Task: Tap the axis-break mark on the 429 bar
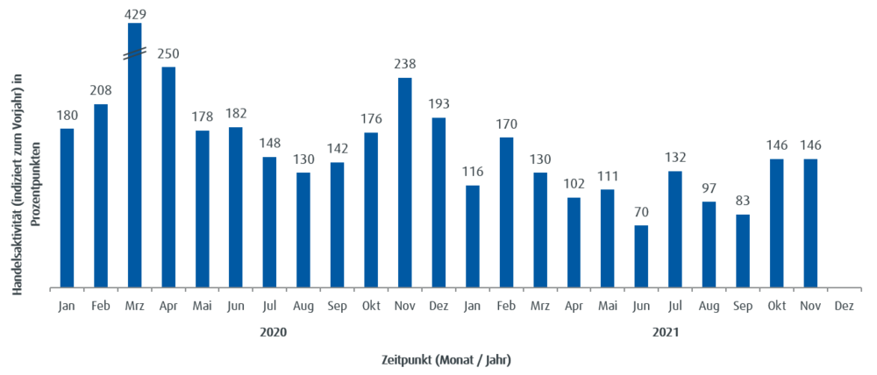click(x=134, y=55)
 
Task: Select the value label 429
click(x=135, y=13)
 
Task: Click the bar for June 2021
click(x=642, y=256)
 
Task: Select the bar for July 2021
click(x=675, y=229)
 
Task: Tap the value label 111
click(x=608, y=175)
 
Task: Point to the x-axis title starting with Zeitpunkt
click(x=446, y=359)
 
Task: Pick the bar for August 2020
click(x=303, y=229)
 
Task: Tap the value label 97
click(x=709, y=187)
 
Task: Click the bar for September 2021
click(x=743, y=250)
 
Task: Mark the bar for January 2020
click(x=68, y=207)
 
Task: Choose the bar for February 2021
click(x=507, y=211)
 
